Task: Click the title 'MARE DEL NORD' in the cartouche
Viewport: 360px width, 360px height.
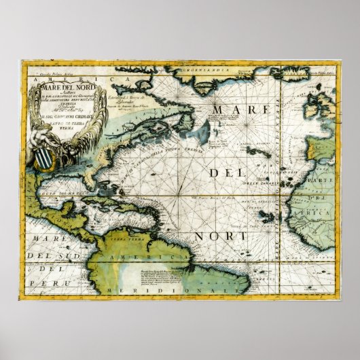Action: (62, 86)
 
